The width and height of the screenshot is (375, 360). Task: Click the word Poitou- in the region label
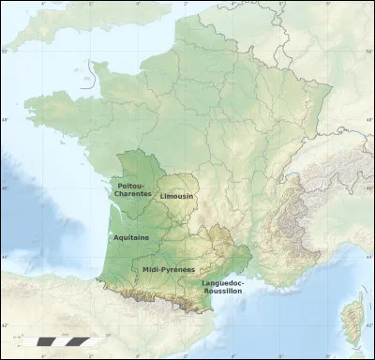coord(132,186)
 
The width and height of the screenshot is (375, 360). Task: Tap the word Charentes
coord(132,194)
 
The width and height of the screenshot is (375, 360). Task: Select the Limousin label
coord(177,196)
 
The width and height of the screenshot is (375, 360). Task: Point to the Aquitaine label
coord(131,237)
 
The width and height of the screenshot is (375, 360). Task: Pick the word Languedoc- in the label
coord(222,282)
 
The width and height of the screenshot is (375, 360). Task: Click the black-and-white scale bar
coord(57,339)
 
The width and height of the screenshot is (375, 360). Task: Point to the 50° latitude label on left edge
coord(5,52)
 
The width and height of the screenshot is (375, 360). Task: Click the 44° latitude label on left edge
coord(5,257)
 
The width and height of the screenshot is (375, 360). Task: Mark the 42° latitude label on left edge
coord(5,325)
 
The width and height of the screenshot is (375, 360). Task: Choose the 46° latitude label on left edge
coord(5,188)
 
